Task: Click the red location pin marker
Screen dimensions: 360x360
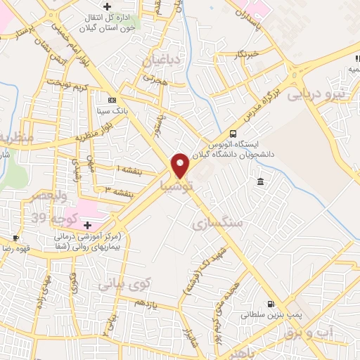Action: click(x=180, y=165)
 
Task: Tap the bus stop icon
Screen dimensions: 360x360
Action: click(x=233, y=134)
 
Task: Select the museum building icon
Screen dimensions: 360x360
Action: click(x=260, y=182)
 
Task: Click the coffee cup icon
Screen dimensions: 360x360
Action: click(x=16, y=238)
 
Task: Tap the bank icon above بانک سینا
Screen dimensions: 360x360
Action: click(x=111, y=100)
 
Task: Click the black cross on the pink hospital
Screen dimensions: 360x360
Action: click(x=87, y=225)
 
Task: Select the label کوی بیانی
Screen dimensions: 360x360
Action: click(x=124, y=285)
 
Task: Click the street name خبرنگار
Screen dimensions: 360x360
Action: click(x=248, y=53)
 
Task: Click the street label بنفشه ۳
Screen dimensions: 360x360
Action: click(x=119, y=189)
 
